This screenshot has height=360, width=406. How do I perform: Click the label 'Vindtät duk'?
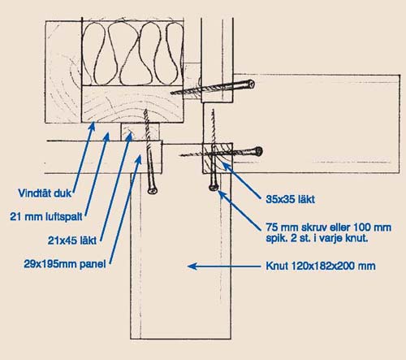point(45,193)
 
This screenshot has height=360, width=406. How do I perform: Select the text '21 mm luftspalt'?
point(46,217)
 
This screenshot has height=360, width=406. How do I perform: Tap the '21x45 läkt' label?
point(72,241)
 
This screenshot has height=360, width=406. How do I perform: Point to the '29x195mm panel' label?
point(65,264)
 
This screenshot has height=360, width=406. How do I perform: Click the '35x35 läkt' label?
point(290,199)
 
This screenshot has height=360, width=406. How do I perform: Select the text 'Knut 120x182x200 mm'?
point(321,266)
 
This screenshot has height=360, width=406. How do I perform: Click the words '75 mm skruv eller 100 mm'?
point(328,227)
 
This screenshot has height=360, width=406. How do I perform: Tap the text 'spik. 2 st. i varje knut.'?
point(317,238)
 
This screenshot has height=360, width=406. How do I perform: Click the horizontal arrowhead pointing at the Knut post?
point(192,267)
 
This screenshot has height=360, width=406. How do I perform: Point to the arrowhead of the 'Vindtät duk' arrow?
point(93,126)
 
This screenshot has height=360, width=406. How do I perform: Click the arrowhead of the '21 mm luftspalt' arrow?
point(106,137)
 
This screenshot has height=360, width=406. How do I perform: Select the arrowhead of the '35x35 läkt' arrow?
point(227,167)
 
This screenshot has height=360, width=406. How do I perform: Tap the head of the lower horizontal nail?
point(259,151)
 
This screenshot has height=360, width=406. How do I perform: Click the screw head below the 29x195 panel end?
point(153,189)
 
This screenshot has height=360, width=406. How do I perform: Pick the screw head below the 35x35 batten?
point(214,187)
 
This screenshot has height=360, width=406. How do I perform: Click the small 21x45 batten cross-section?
point(140,132)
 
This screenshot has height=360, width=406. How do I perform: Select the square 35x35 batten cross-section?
point(218,158)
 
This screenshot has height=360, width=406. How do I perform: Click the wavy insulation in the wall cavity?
point(132,54)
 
